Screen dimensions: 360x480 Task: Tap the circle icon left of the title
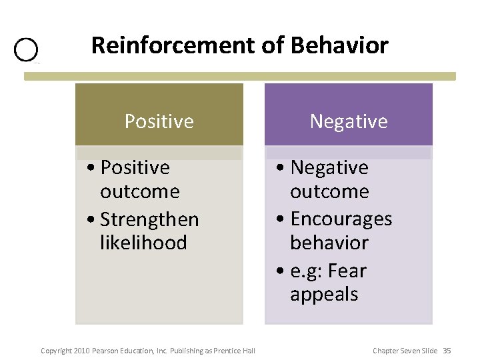click(26, 50)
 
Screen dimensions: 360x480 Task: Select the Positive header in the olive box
click(159, 121)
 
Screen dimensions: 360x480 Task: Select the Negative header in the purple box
click(348, 121)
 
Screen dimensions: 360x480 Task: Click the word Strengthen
click(149, 219)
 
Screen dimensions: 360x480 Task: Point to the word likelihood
click(143, 243)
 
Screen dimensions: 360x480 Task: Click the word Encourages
click(341, 219)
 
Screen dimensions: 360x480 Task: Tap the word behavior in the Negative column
click(329, 243)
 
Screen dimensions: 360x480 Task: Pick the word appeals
click(324, 295)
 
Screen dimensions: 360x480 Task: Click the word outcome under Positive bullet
click(140, 192)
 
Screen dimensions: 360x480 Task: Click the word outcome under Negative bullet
click(329, 192)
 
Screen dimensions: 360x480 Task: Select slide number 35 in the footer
click(447, 351)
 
